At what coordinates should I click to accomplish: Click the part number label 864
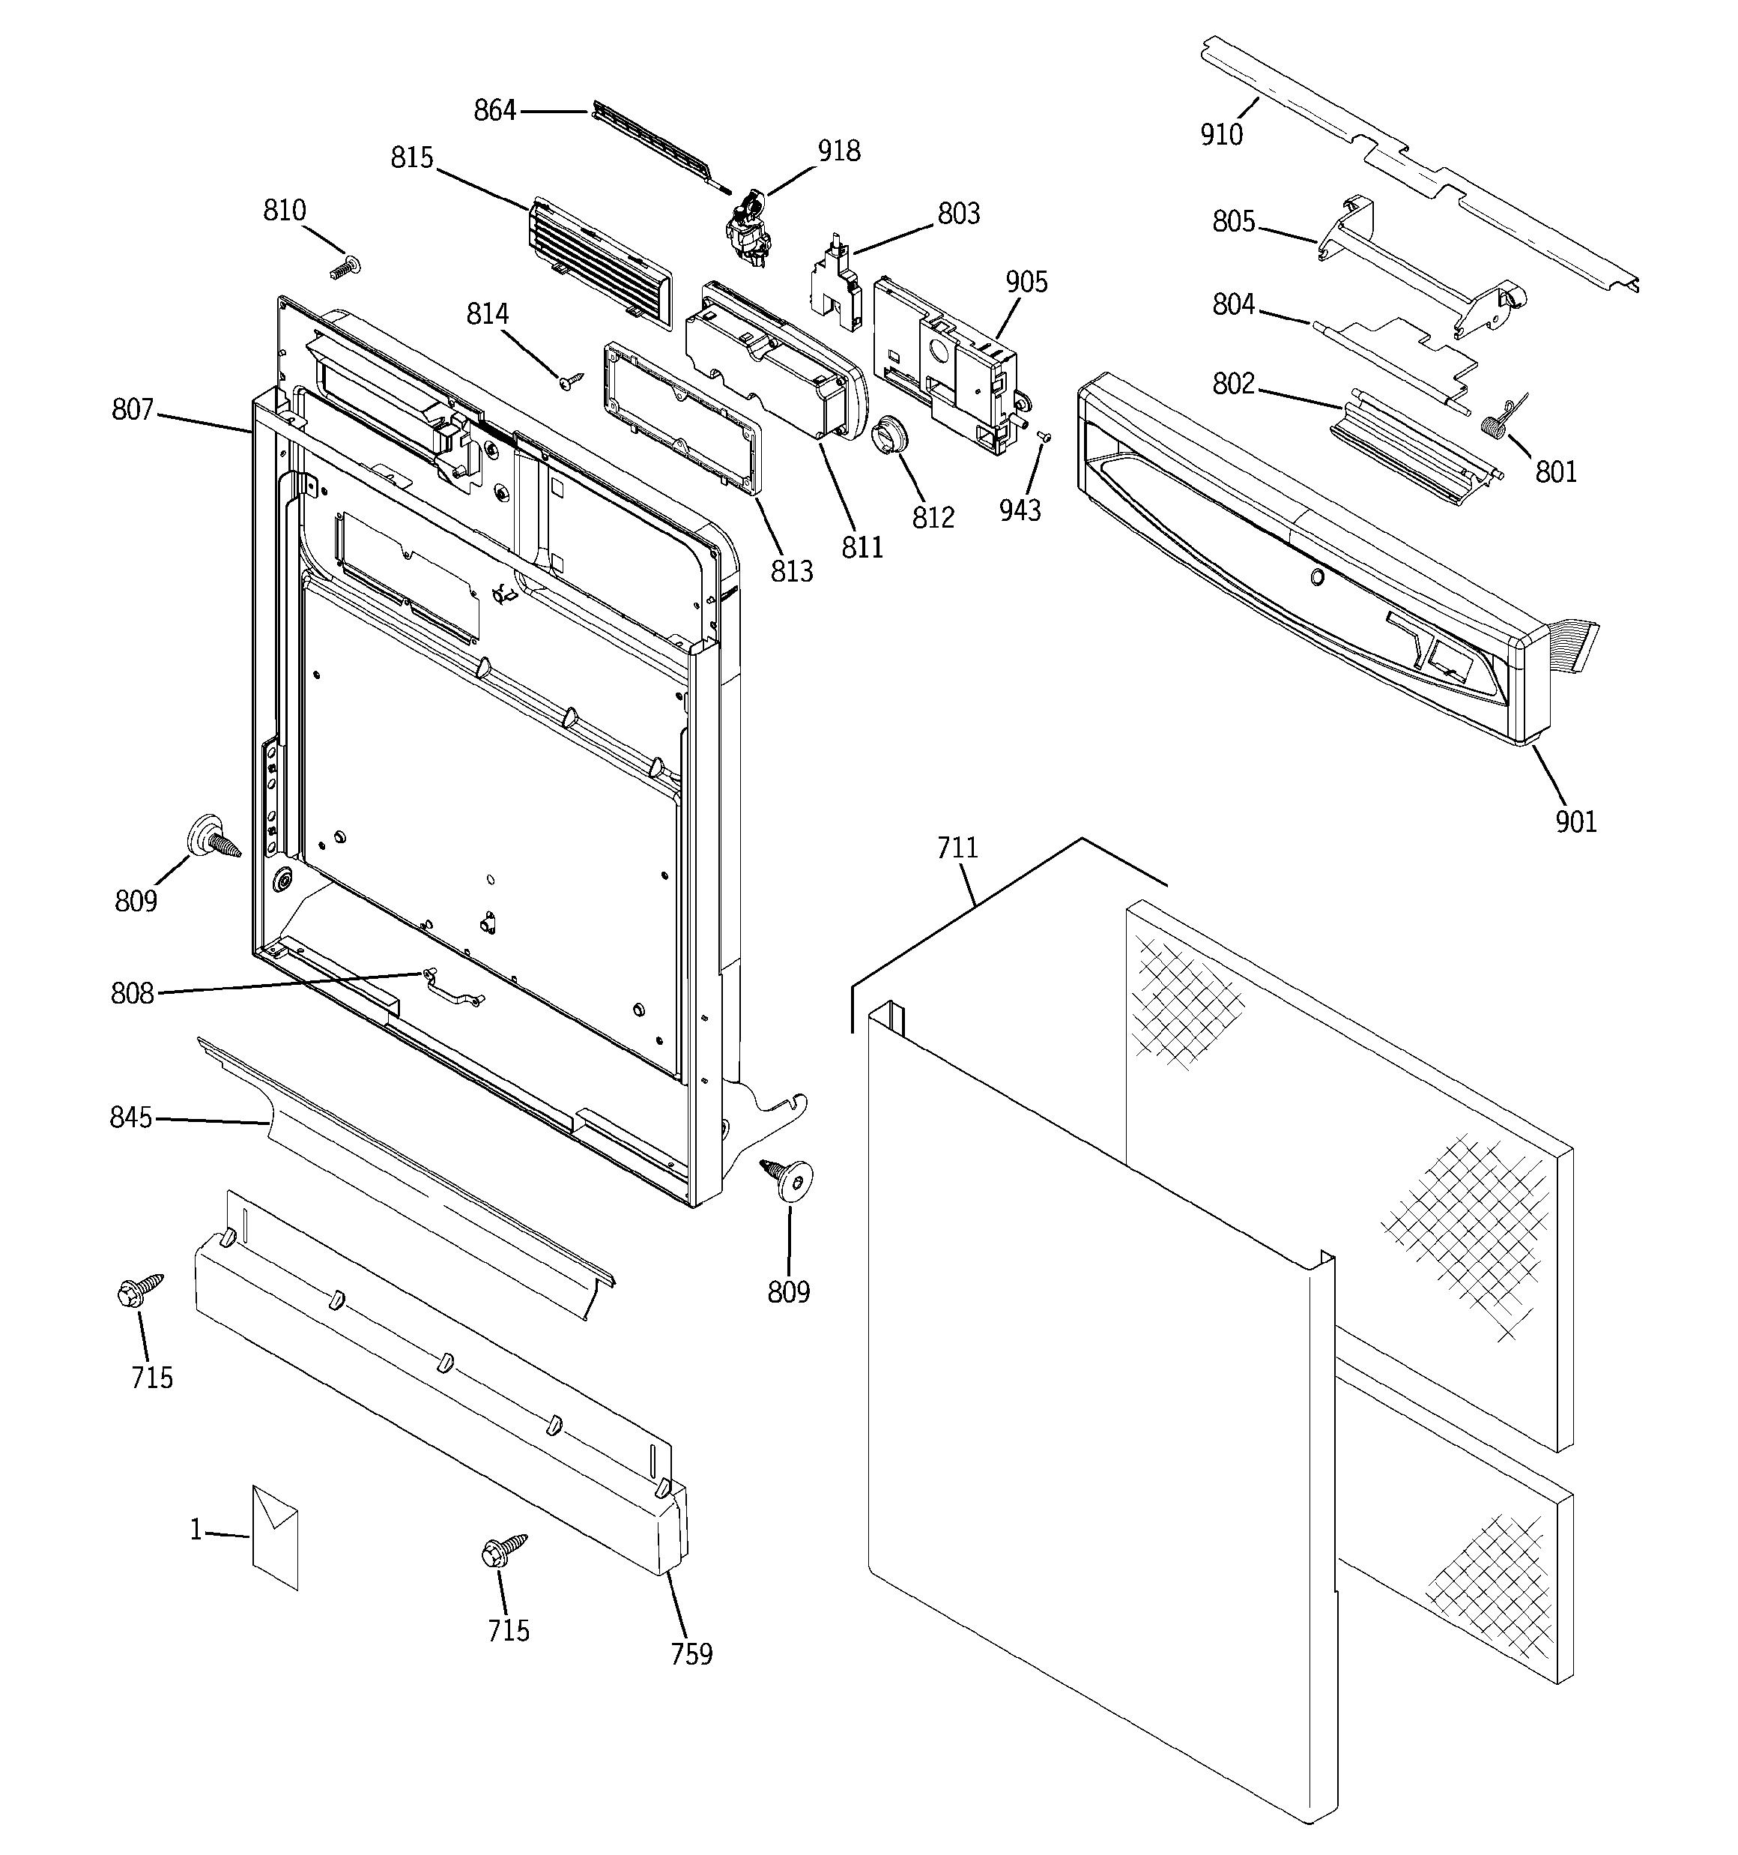[x=494, y=111]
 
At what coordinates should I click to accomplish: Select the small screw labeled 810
[x=345, y=268]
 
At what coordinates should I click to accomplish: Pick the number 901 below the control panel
[x=1575, y=822]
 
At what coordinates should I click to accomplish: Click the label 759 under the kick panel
[x=691, y=1653]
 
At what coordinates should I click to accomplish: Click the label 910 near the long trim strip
[x=1221, y=136]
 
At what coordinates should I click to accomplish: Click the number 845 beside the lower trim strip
[x=130, y=1117]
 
